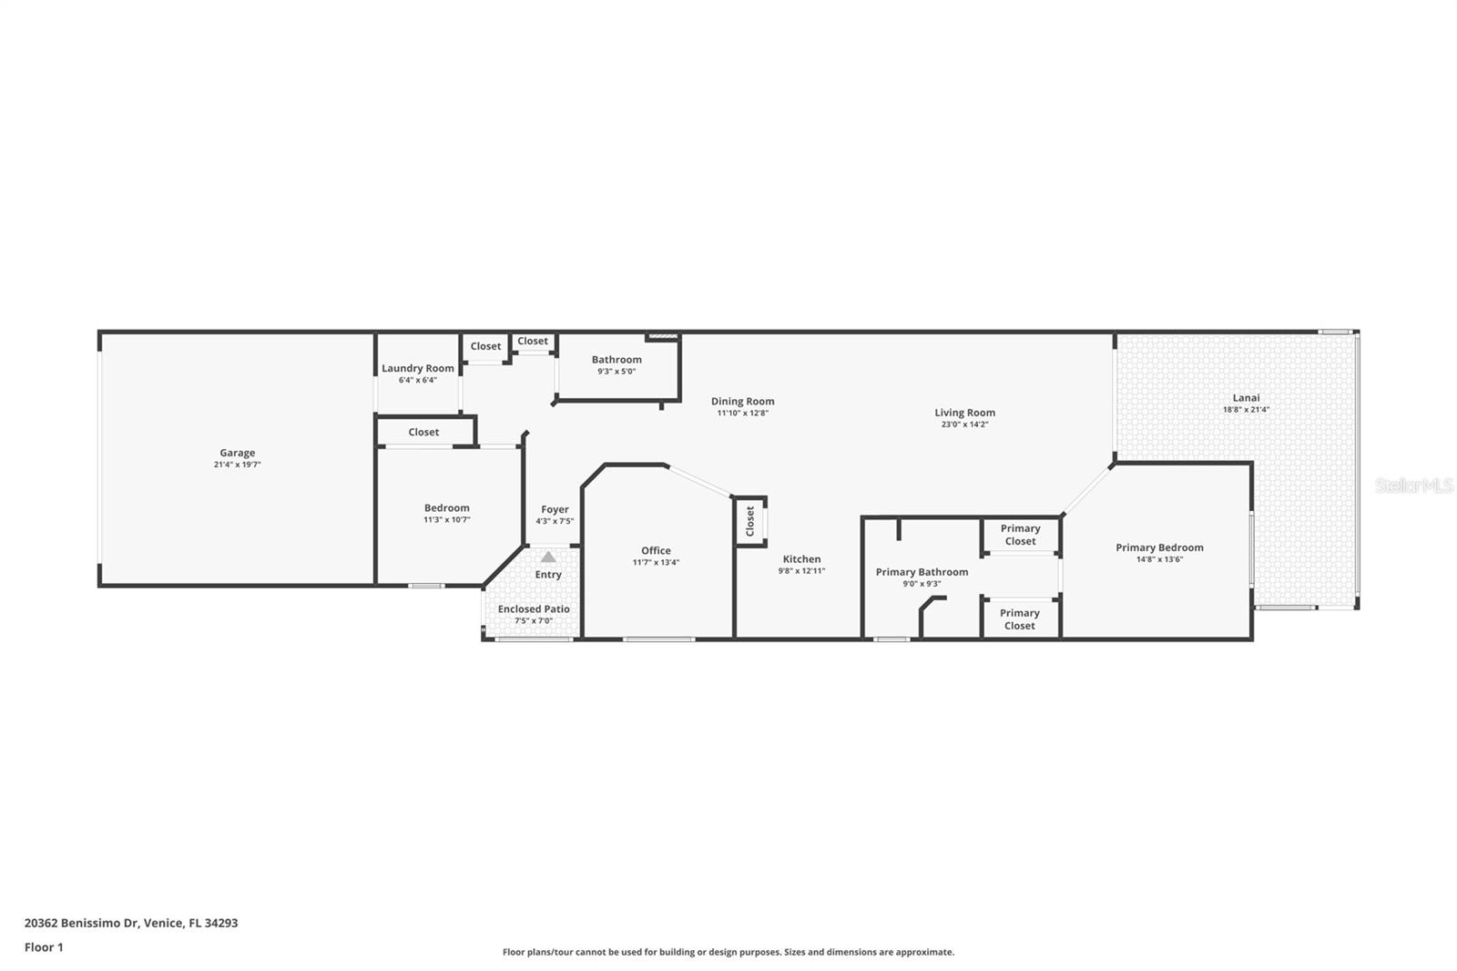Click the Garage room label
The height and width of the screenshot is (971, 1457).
tap(237, 453)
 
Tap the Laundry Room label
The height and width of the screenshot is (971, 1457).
tap(417, 368)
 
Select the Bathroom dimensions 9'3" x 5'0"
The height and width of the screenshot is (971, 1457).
tap(616, 372)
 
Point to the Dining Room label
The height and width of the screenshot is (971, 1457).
tap(742, 401)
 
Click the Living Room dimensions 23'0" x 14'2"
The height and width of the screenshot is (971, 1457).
tap(964, 424)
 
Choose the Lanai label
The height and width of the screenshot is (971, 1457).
tap(1246, 397)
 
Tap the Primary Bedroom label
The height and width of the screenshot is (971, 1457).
tap(1159, 547)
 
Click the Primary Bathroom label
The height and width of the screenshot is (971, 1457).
tap(922, 572)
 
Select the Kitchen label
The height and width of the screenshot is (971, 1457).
tap(801, 559)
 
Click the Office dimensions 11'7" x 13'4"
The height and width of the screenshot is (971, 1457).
tap(656, 563)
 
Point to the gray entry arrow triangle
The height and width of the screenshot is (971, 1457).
tap(547, 557)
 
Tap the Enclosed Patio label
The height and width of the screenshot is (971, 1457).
tap(534, 608)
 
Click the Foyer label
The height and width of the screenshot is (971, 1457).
tap(555, 509)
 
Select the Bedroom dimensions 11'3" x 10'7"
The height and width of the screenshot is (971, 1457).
tap(446, 520)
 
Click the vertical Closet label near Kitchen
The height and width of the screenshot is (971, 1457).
tap(750, 521)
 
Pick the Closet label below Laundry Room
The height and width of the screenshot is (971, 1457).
tap(423, 432)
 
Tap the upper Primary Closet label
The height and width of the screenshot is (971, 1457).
tap(1020, 535)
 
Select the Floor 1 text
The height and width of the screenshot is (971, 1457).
tap(44, 947)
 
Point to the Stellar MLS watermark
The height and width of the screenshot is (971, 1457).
tap(1414, 485)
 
